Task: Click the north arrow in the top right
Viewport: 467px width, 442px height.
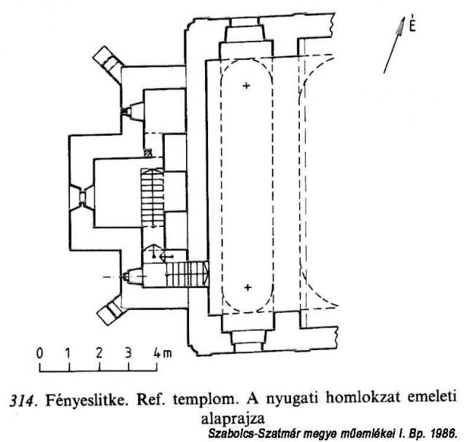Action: click(x=394, y=45)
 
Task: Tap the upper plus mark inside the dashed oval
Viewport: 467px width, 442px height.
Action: click(x=246, y=86)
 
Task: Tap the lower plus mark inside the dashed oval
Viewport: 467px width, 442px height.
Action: click(x=248, y=287)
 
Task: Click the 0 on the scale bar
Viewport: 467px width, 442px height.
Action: click(x=39, y=353)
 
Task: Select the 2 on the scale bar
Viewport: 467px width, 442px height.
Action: click(x=99, y=353)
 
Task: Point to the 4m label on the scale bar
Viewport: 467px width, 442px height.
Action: click(x=163, y=353)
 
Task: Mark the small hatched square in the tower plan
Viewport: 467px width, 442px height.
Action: click(x=147, y=152)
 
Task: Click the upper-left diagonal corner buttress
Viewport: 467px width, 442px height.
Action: click(x=108, y=63)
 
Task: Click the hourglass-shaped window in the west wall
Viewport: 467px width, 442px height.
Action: click(x=82, y=197)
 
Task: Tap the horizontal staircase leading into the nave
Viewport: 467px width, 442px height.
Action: click(x=187, y=274)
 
